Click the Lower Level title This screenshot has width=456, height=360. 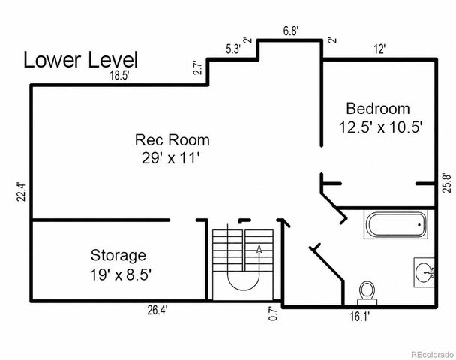click(80, 60)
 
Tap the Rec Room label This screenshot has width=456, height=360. click(172, 139)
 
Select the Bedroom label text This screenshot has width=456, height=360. click(378, 109)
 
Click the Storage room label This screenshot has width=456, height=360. click(118, 256)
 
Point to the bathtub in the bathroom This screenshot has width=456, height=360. click(396, 225)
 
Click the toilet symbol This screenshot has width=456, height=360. click(367, 292)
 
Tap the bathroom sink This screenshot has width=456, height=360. click(424, 272)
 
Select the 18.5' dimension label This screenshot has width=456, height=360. click(119, 76)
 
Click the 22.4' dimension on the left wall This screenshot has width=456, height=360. click(21, 192)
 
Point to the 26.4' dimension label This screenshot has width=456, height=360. click(157, 310)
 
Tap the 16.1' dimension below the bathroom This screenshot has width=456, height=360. click(359, 316)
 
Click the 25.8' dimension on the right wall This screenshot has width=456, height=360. click(446, 183)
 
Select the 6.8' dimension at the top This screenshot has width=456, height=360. click(291, 31)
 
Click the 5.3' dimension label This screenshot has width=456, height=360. click(233, 49)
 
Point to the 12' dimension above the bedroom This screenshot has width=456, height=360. click(379, 49)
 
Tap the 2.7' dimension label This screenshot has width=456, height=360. click(198, 67)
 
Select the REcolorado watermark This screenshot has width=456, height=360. click(433, 355)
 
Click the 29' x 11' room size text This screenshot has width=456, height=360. click(170, 158)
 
